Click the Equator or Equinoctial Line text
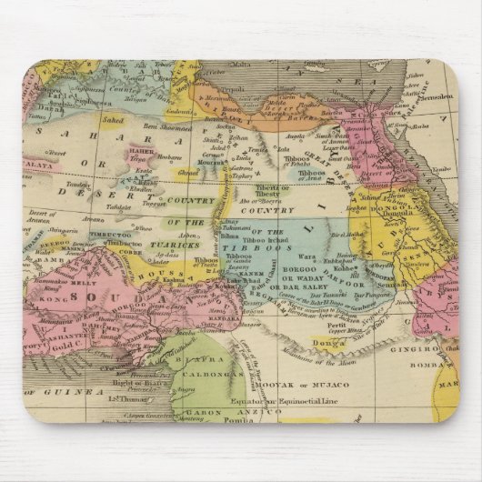pyautogui.click(x=300, y=397)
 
